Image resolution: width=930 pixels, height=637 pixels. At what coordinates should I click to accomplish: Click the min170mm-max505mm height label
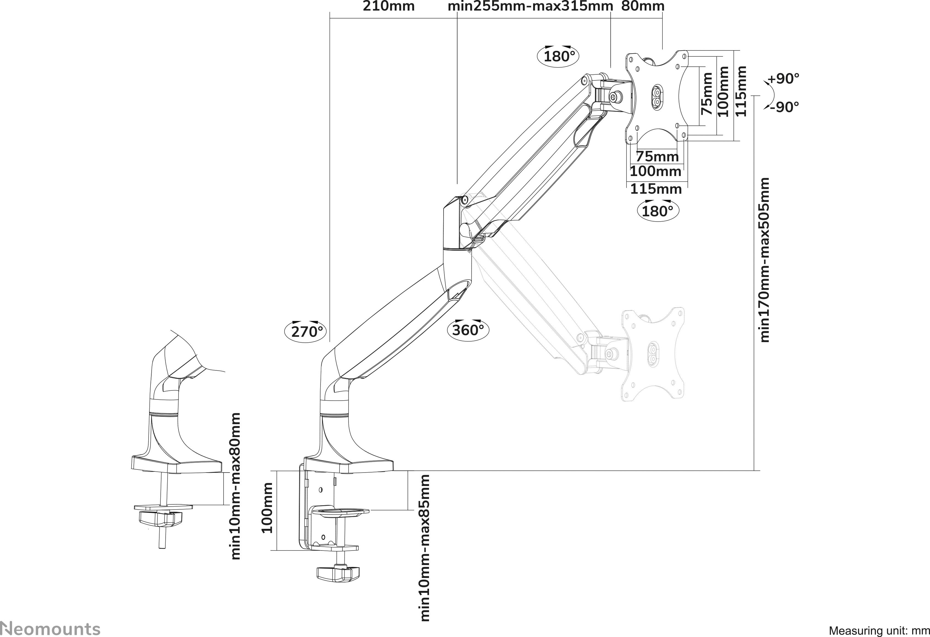pyautogui.click(x=765, y=260)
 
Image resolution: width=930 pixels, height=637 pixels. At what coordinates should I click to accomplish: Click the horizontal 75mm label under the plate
pyautogui.click(x=658, y=156)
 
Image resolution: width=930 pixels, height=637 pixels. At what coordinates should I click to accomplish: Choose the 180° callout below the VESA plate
pyautogui.click(x=658, y=211)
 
